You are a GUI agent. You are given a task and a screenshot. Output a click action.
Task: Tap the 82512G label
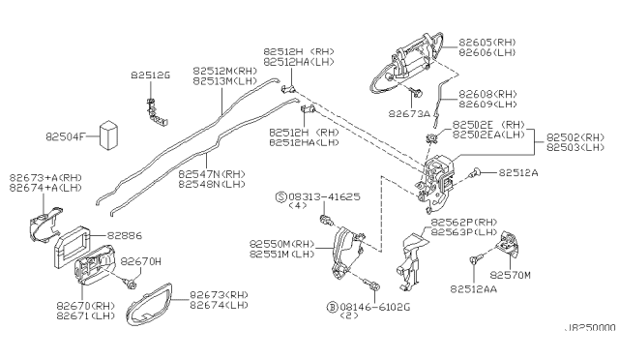150,74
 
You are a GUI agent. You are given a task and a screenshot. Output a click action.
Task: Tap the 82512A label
520,174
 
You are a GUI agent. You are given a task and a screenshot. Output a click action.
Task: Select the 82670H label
141,261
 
